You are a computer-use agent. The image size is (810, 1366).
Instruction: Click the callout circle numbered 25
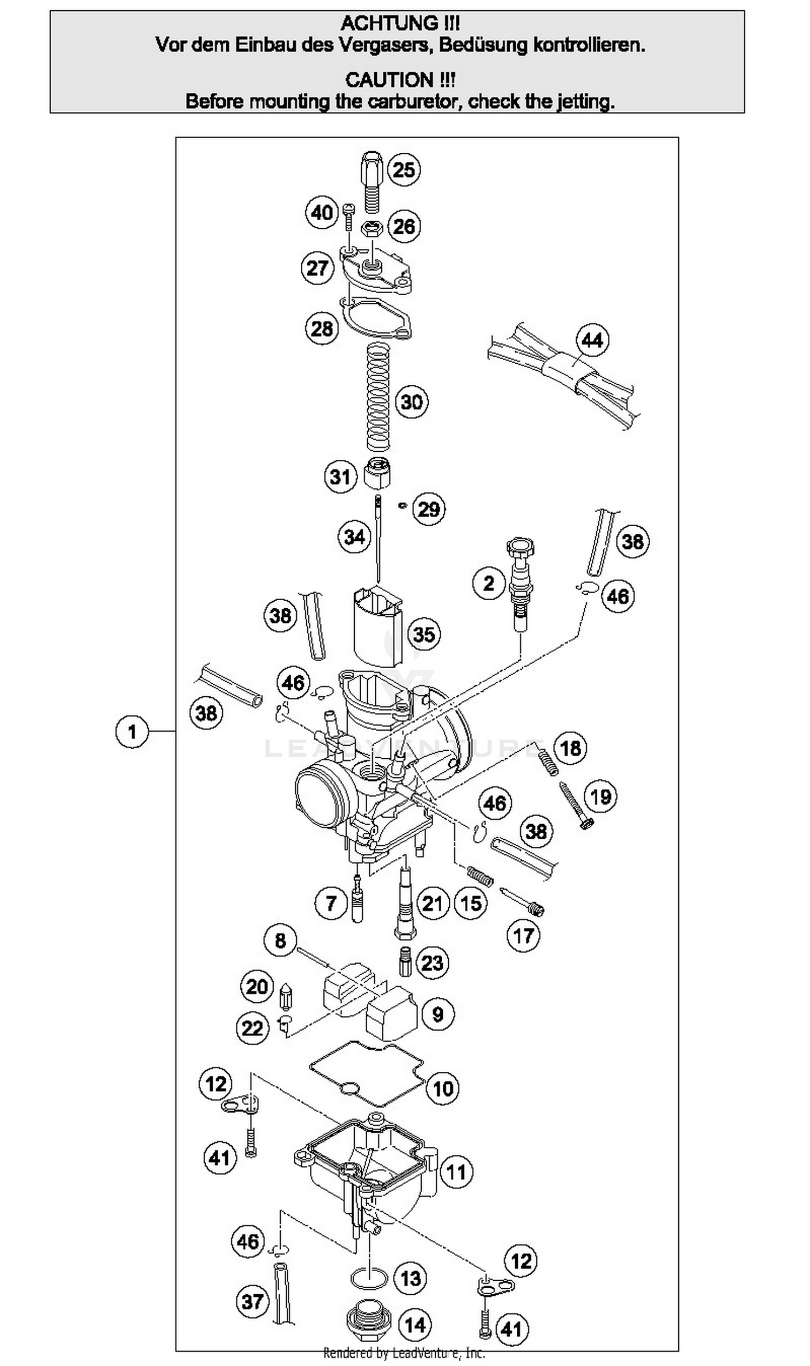coord(404,169)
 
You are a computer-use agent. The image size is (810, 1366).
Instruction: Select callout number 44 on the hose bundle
coord(593,340)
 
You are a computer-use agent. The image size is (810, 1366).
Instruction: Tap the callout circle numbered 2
coord(489,583)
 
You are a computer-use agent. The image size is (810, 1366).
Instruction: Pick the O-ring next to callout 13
coord(369,1278)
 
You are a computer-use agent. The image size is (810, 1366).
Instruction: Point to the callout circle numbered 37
coord(253,1302)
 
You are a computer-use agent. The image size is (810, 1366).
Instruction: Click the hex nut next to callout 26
coord(372,228)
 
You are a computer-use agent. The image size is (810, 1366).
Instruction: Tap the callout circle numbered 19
coord(600,797)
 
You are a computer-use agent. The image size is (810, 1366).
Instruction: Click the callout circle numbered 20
coord(257,986)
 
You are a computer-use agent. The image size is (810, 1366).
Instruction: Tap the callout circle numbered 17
coord(523,936)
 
